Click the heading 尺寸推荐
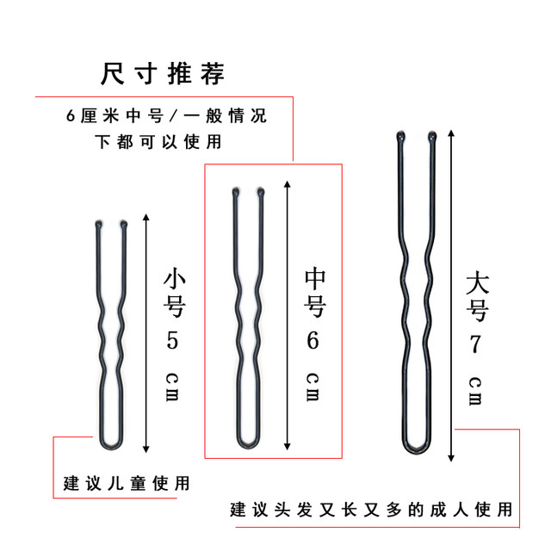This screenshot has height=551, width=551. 163,74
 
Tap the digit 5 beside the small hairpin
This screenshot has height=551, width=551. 172,340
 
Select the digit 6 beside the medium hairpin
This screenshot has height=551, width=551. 313,340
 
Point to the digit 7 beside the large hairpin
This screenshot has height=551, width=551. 475,344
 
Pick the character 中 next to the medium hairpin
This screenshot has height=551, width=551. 315,278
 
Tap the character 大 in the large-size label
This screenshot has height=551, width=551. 477,282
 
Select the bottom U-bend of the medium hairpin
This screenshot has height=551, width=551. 248,447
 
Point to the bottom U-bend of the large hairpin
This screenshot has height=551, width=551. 417,451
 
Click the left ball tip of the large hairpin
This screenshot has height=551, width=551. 400,136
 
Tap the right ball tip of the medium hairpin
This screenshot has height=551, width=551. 261,192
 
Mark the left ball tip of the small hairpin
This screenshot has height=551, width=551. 98,224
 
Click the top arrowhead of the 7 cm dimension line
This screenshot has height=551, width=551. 451,133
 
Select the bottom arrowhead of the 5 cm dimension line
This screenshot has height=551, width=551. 146,449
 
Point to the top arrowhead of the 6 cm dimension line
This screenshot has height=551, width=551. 288,184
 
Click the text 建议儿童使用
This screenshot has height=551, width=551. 127,483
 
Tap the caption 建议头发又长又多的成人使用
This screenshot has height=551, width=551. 371,510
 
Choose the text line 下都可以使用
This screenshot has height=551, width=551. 158,141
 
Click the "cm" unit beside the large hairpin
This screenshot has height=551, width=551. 475,391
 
